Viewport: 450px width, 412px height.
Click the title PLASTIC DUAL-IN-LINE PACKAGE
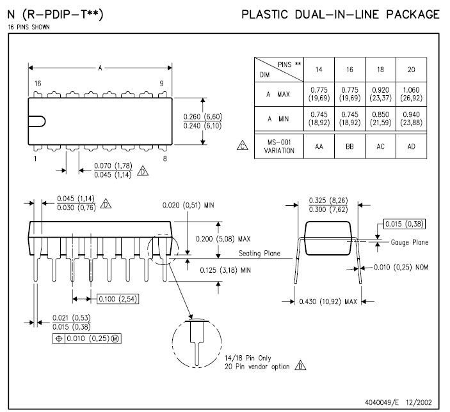(340, 14)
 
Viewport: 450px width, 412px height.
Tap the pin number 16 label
(38, 84)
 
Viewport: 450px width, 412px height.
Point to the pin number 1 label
(36, 158)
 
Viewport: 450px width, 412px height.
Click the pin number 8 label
(165, 158)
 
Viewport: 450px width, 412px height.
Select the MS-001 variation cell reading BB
(350, 146)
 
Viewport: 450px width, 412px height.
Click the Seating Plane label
(260, 253)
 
